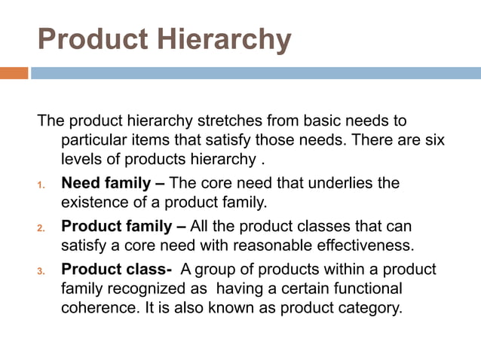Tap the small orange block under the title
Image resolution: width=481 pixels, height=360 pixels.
pos(14,73)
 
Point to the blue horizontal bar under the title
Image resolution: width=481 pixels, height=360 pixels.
pos(256,73)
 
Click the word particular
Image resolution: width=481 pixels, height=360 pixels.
pos(93,140)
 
